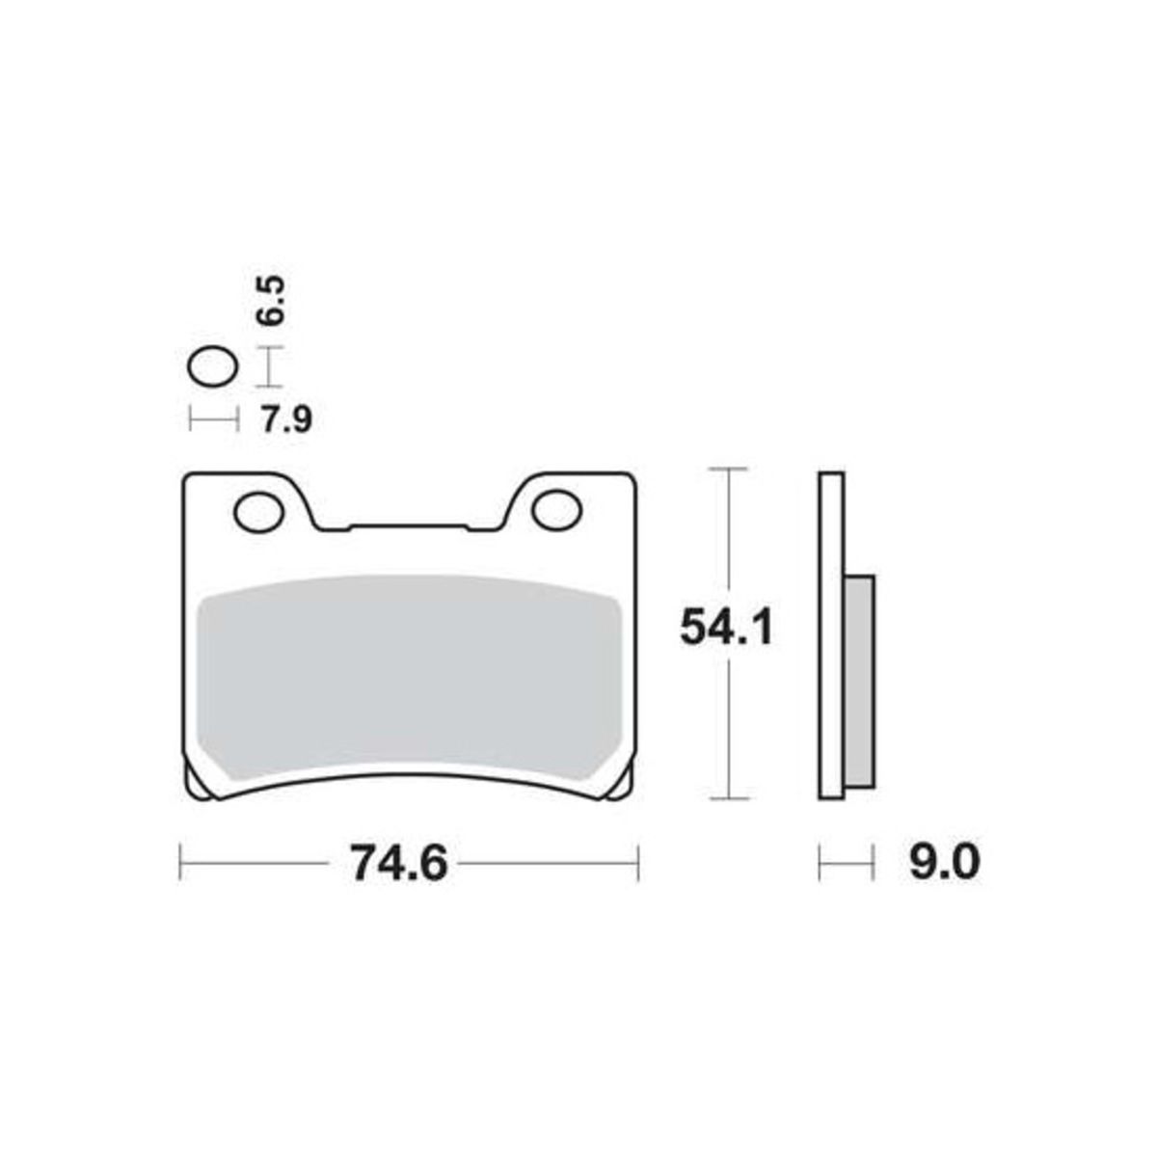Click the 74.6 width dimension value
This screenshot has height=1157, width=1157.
pos(400,863)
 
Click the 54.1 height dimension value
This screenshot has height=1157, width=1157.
pos(727,627)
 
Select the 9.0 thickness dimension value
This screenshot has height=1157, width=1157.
pos(945,862)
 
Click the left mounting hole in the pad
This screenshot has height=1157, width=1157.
pos(258,512)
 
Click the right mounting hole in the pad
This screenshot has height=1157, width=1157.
pos(556,511)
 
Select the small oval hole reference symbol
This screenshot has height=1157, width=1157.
pos(212,366)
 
